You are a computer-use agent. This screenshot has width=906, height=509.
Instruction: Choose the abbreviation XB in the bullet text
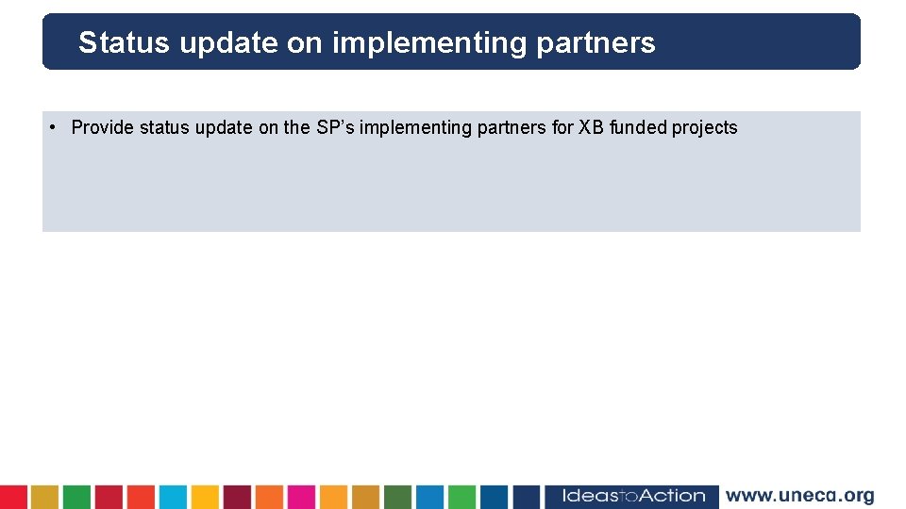click(591, 127)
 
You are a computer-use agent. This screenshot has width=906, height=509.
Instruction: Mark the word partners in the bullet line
click(514, 127)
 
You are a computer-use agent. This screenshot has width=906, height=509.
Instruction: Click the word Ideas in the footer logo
click(590, 496)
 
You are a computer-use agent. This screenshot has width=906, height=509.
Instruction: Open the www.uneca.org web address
click(799, 496)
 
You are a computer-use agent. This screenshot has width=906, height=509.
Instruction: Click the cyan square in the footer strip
click(173, 497)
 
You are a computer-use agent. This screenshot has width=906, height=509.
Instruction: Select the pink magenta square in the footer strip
click(301, 497)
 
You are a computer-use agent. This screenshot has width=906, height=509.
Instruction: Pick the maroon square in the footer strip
click(237, 497)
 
